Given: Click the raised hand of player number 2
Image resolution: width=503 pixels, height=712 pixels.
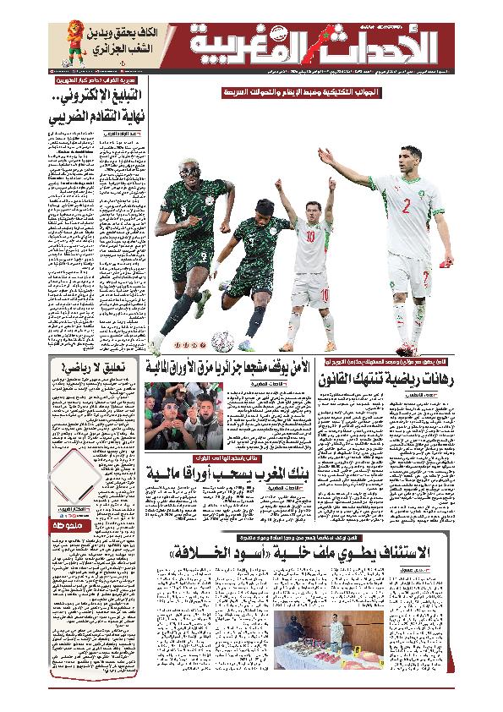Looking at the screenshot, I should point(324,156).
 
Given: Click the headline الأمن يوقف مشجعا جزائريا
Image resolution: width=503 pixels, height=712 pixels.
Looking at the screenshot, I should point(228,366).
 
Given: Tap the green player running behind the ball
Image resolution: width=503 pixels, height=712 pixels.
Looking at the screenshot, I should point(251,249).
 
